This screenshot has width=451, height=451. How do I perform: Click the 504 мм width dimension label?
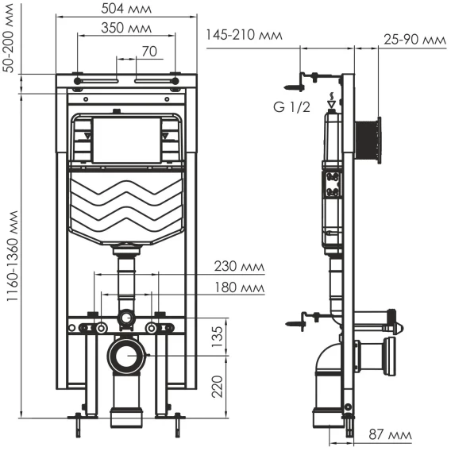[x=126, y=9]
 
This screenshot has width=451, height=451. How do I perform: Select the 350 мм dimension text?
[x=126, y=29]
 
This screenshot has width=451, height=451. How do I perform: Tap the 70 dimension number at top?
[x=149, y=52]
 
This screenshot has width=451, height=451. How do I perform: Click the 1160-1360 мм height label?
[x=13, y=256]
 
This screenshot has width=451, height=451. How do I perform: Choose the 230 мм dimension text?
[x=239, y=266]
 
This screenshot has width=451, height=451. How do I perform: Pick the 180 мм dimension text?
[x=240, y=287]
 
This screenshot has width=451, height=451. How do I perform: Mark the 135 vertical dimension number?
[x=218, y=337]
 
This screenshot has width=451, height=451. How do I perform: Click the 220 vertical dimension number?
[x=218, y=386]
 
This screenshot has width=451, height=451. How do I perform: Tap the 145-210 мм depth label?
[x=244, y=35]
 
